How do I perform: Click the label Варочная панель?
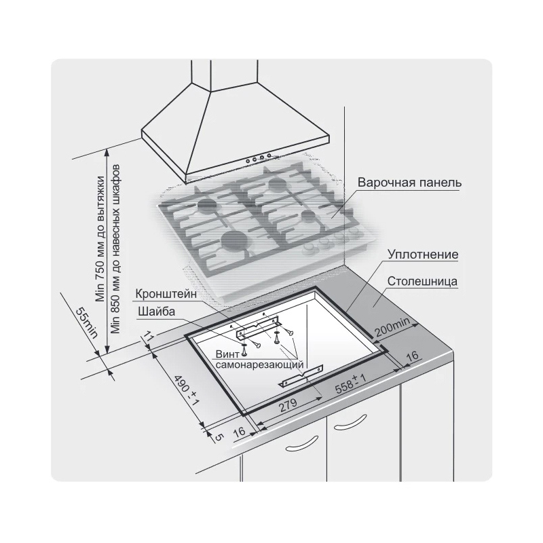coord(410,183)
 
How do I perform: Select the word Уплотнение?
coord(423,255)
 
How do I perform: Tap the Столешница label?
coord(422,281)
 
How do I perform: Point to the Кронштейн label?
coord(166,294)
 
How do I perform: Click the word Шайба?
coord(156,312)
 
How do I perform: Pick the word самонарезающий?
coord(259,364)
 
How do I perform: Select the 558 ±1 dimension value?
coord(351,383)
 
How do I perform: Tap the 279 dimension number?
coord(288,405)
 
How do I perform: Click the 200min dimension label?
coord(392,327)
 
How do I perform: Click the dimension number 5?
coord(218,437)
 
